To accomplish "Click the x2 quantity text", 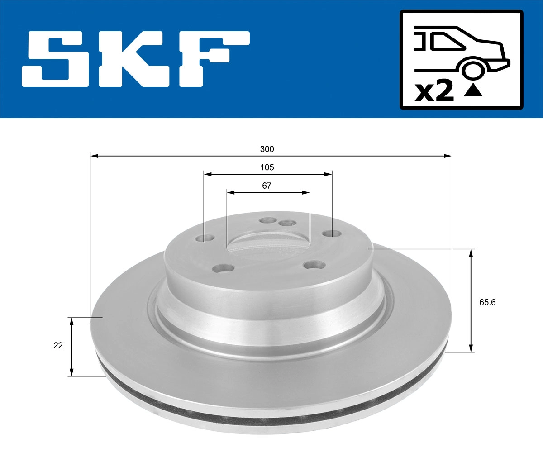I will tap(434, 91).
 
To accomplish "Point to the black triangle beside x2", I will tap(473, 91).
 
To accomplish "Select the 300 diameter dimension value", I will tap(267, 149).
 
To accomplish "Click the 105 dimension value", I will tap(267, 167).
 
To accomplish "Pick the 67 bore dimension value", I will tap(267, 186).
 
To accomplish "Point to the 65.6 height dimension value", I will tap(487, 302).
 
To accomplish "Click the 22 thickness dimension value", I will tap(58, 345).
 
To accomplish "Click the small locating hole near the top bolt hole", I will tap(286, 223).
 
